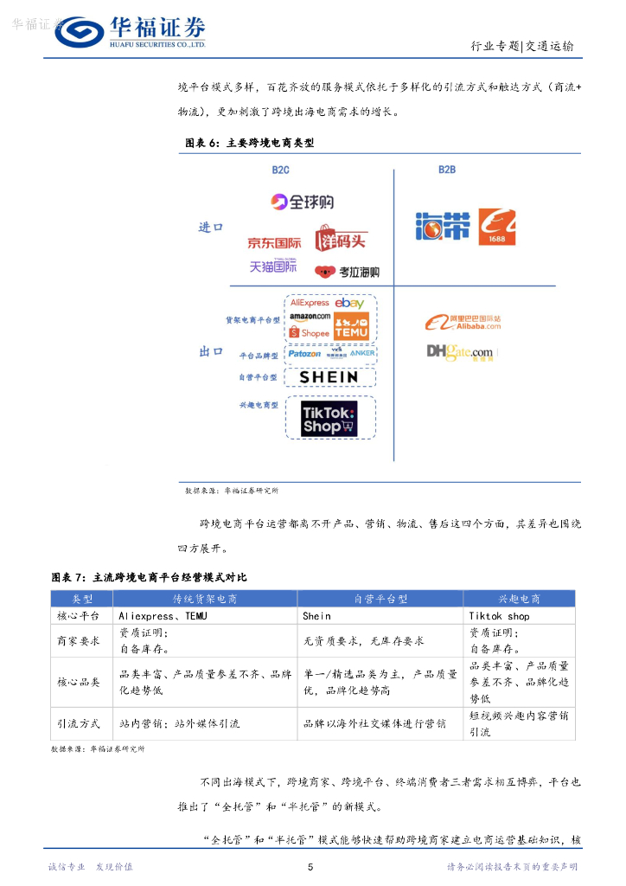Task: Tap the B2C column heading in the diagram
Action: click(x=280, y=170)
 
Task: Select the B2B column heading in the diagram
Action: click(x=446, y=170)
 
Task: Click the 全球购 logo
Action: click(x=301, y=202)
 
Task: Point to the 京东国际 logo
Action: click(x=274, y=243)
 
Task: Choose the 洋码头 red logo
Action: click(x=342, y=238)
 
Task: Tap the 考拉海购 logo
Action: click(x=348, y=272)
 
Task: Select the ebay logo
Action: click(x=349, y=304)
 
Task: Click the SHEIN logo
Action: click(x=329, y=376)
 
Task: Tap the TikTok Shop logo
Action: click(x=329, y=418)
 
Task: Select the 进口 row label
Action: click(x=211, y=228)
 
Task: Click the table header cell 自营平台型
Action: click(x=380, y=599)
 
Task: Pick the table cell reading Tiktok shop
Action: click(x=499, y=616)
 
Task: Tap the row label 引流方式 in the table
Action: click(x=79, y=723)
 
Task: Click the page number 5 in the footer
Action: click(x=311, y=867)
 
